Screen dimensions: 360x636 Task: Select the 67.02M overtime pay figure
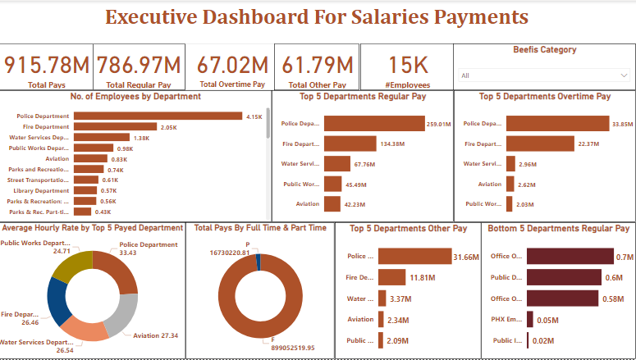(x=232, y=65)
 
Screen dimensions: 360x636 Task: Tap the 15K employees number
(x=407, y=65)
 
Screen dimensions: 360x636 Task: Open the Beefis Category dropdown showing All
(x=542, y=75)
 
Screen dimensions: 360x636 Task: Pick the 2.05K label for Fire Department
(x=169, y=127)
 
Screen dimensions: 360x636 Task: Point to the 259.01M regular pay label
(x=439, y=124)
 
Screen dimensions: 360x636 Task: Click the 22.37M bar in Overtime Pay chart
(x=540, y=144)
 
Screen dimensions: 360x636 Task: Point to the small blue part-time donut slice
(x=258, y=262)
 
